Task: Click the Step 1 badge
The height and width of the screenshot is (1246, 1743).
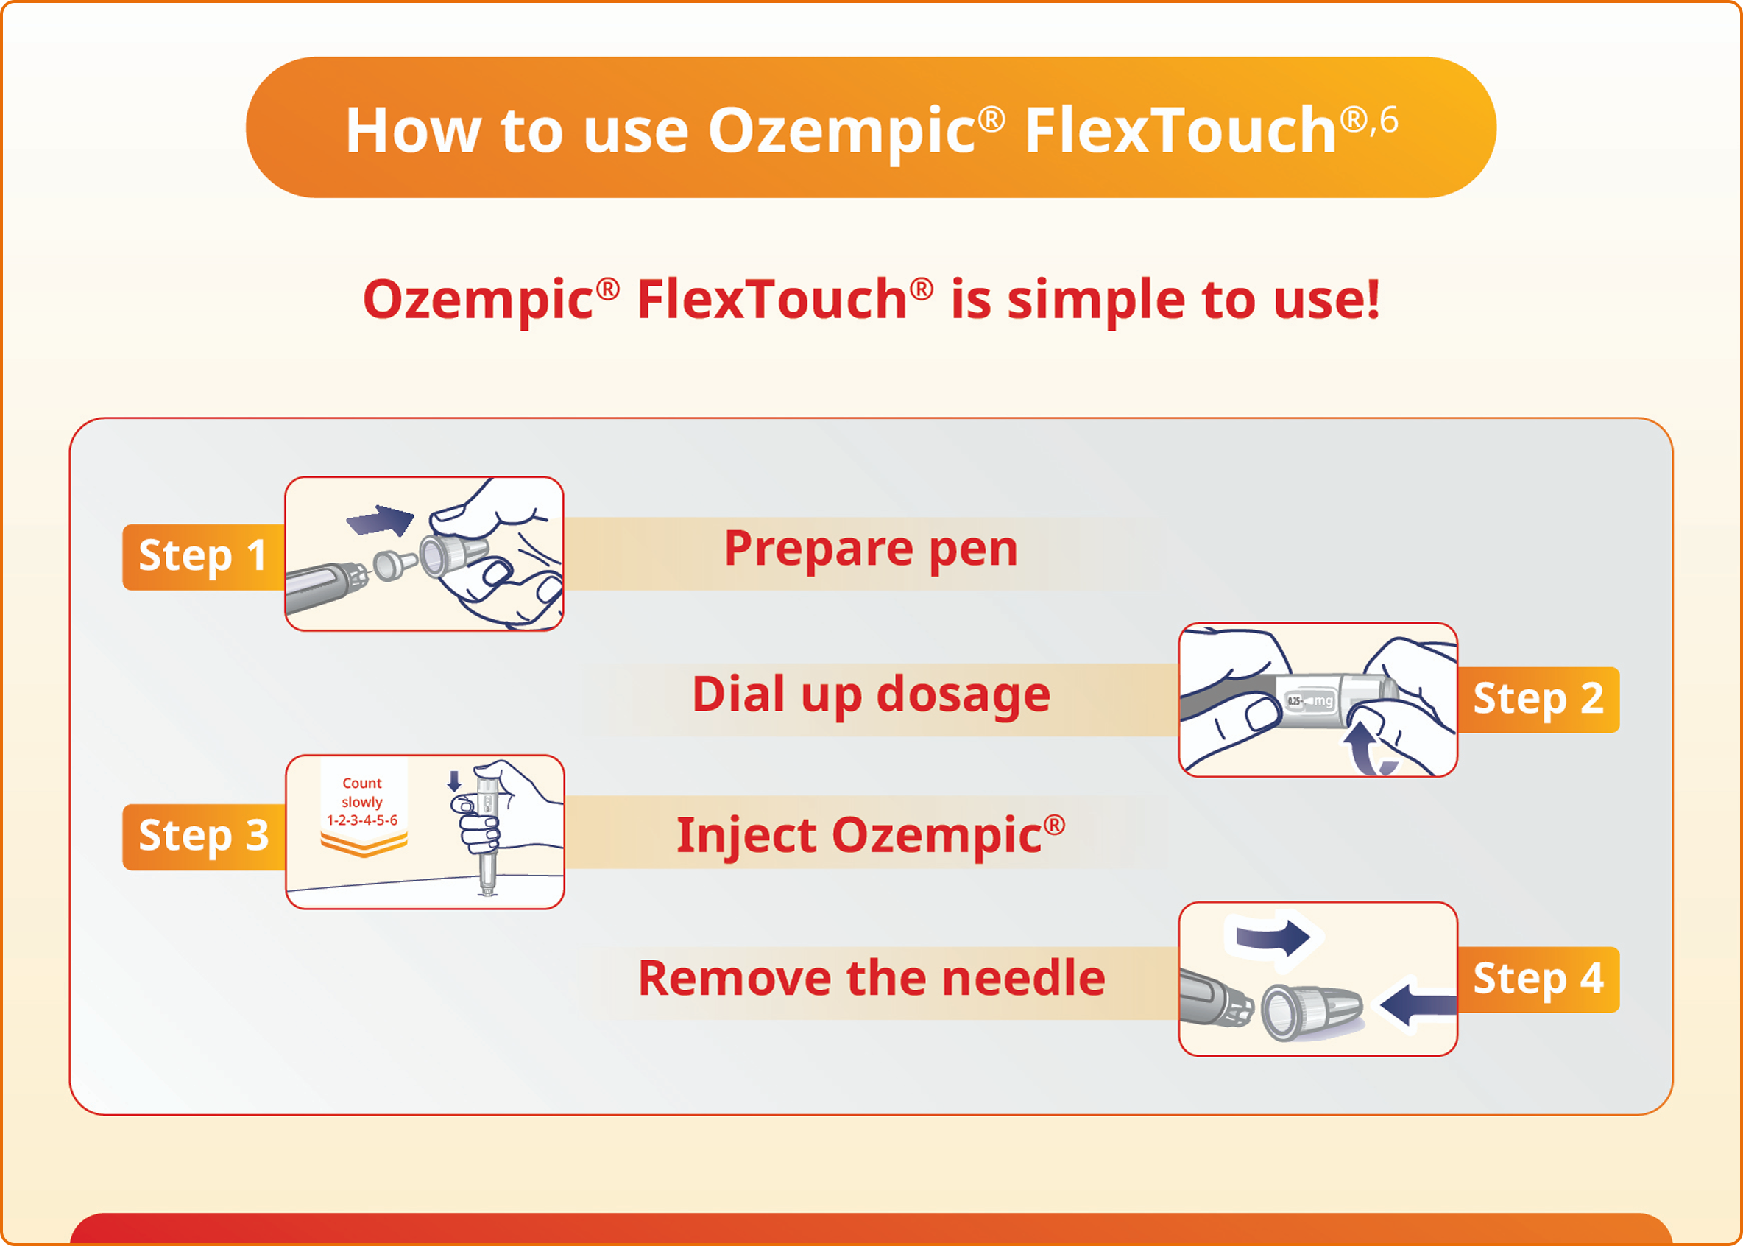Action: click(x=204, y=557)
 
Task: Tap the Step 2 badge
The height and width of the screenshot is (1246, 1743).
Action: click(x=1538, y=700)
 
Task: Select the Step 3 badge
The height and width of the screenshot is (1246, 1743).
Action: click(x=204, y=837)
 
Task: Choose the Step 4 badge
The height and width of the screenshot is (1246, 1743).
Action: click(x=1538, y=979)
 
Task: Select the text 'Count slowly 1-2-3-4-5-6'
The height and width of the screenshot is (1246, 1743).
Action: click(x=362, y=802)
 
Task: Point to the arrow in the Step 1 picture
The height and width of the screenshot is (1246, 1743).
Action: click(x=381, y=521)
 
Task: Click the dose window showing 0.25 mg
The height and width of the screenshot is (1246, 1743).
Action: click(x=1310, y=700)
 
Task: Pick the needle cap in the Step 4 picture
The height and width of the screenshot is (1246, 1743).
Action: click(x=1311, y=1011)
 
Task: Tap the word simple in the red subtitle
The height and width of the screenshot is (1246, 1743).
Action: click(x=1095, y=300)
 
